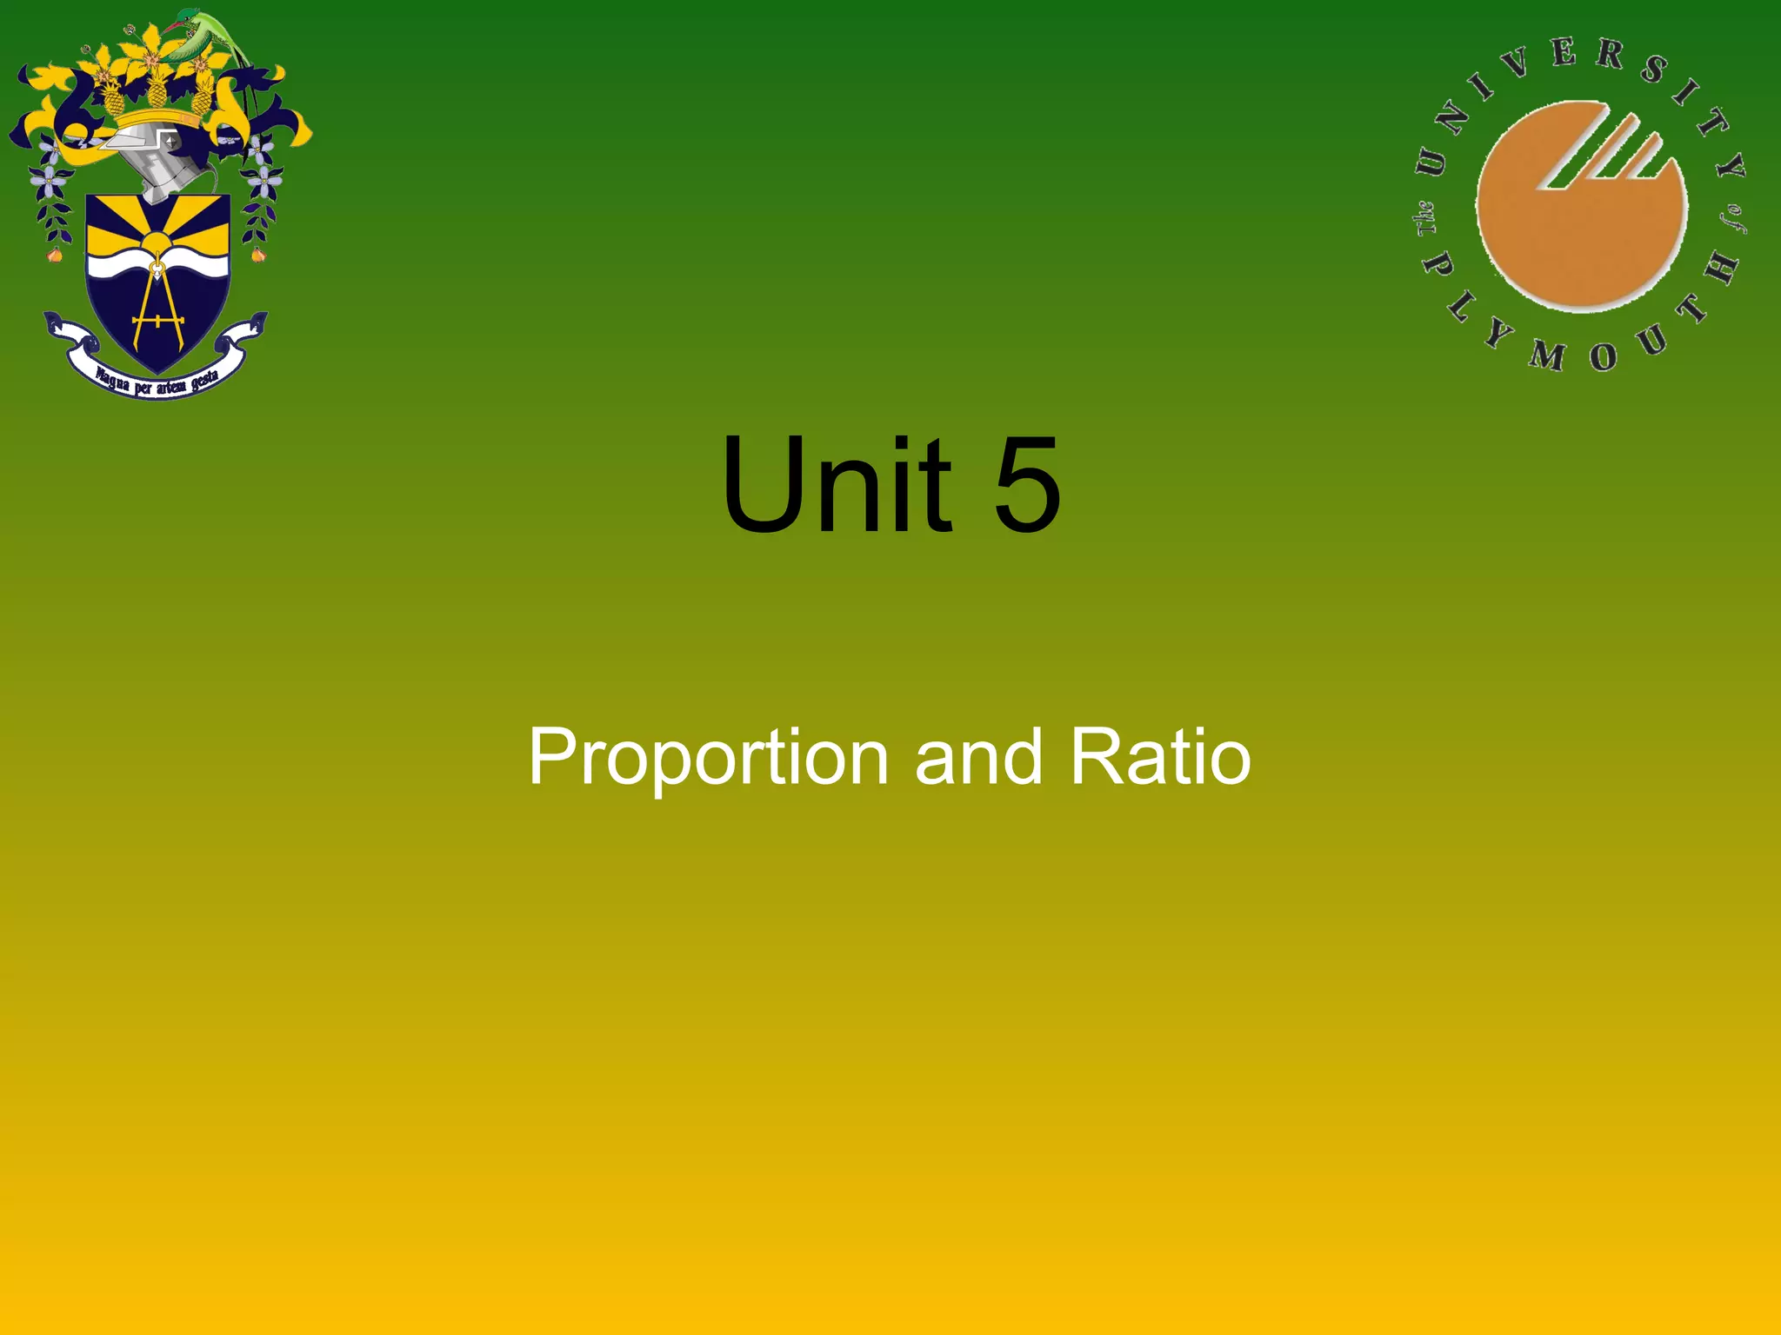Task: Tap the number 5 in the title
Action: click(1027, 487)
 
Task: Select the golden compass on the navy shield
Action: click(157, 304)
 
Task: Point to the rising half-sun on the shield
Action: click(157, 243)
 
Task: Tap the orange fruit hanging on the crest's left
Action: click(55, 255)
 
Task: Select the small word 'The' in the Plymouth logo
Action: click(1426, 218)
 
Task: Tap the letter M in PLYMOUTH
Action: click(1548, 355)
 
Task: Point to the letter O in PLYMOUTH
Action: click(1603, 356)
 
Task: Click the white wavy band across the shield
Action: click(157, 264)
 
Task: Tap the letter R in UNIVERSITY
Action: click(1610, 56)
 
